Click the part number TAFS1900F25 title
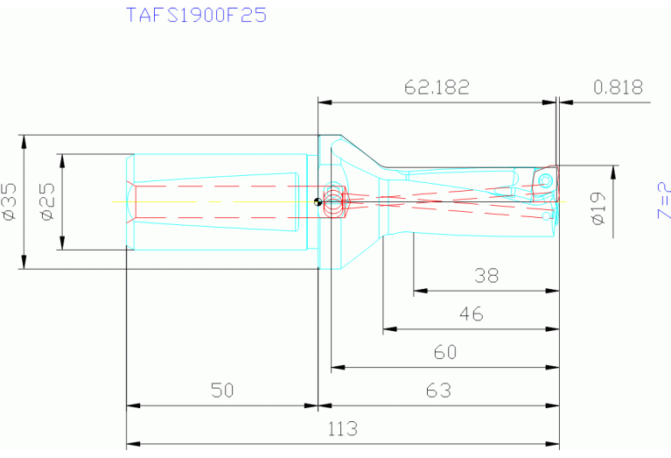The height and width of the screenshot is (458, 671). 197,15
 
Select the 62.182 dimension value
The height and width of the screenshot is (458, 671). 437,88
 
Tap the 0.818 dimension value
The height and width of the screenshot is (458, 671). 618,88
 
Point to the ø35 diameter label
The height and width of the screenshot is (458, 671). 10,201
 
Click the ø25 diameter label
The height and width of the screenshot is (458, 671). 48,201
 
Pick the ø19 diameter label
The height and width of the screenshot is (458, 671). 599,208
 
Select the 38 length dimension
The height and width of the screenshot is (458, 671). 486,276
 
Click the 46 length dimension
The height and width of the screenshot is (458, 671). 471,314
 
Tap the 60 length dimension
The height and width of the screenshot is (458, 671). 445,352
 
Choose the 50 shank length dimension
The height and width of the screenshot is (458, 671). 222,391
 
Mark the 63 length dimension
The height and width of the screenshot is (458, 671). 437,391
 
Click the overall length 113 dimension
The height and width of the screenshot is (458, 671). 343,429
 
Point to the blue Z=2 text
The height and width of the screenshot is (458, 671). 663,201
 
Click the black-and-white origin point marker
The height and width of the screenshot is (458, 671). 318,202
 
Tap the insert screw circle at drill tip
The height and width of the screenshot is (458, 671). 546,180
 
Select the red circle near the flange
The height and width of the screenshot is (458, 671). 333,202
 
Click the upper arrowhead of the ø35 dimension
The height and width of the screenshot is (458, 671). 24,141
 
